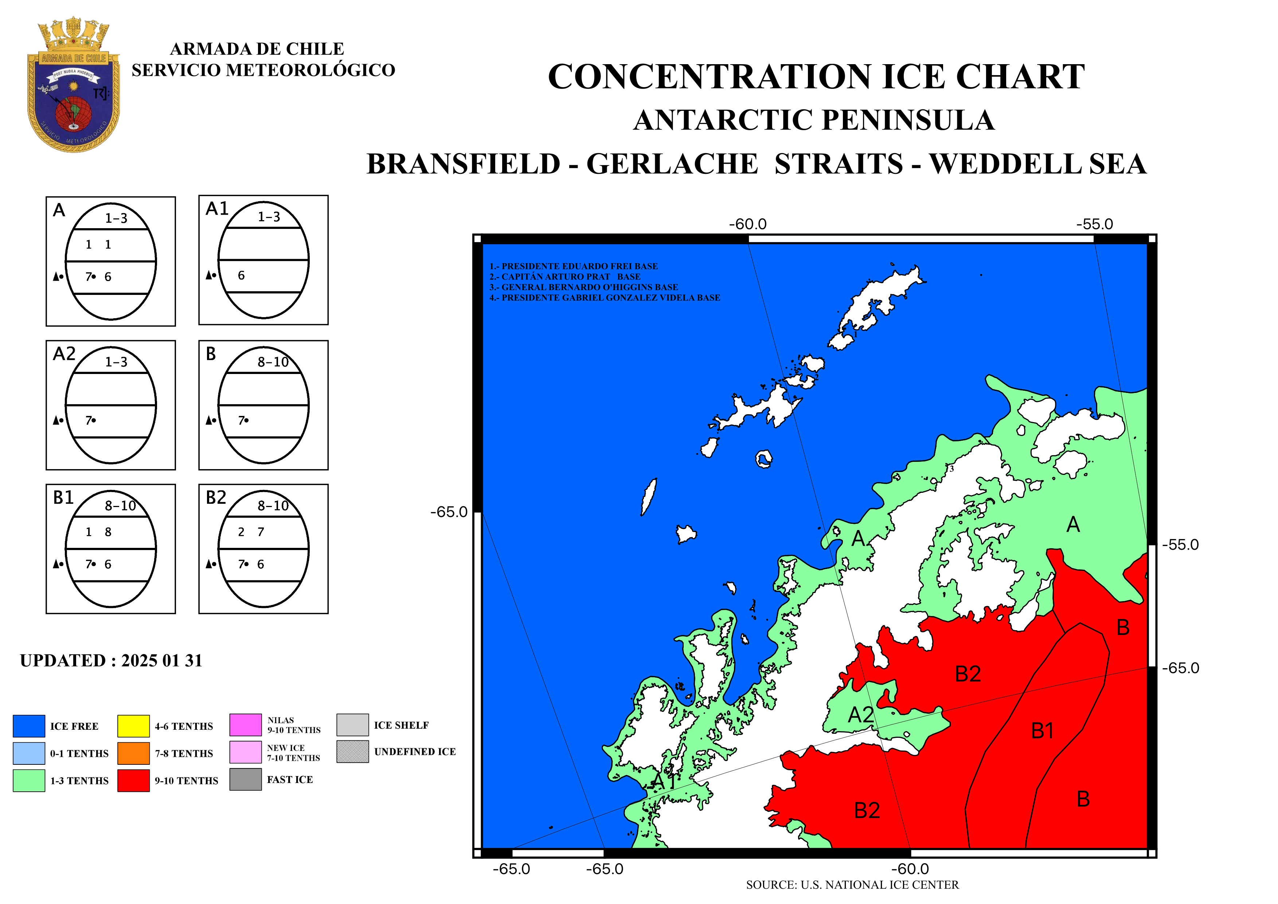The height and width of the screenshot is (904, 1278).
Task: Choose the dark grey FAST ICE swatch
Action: pos(246,779)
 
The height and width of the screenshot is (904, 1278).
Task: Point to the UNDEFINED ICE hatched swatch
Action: pos(352,752)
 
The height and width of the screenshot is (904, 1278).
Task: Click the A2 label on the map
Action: pos(860,715)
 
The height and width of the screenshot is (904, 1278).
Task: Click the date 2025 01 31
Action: pos(162,661)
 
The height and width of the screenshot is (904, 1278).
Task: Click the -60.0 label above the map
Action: pos(747,224)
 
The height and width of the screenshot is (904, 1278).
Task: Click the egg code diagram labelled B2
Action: pos(263,549)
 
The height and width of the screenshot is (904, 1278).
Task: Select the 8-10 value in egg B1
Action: pos(120,506)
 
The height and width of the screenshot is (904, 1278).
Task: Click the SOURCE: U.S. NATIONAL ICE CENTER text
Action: pos(852,885)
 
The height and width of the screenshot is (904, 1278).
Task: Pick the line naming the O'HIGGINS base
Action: pos(583,287)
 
